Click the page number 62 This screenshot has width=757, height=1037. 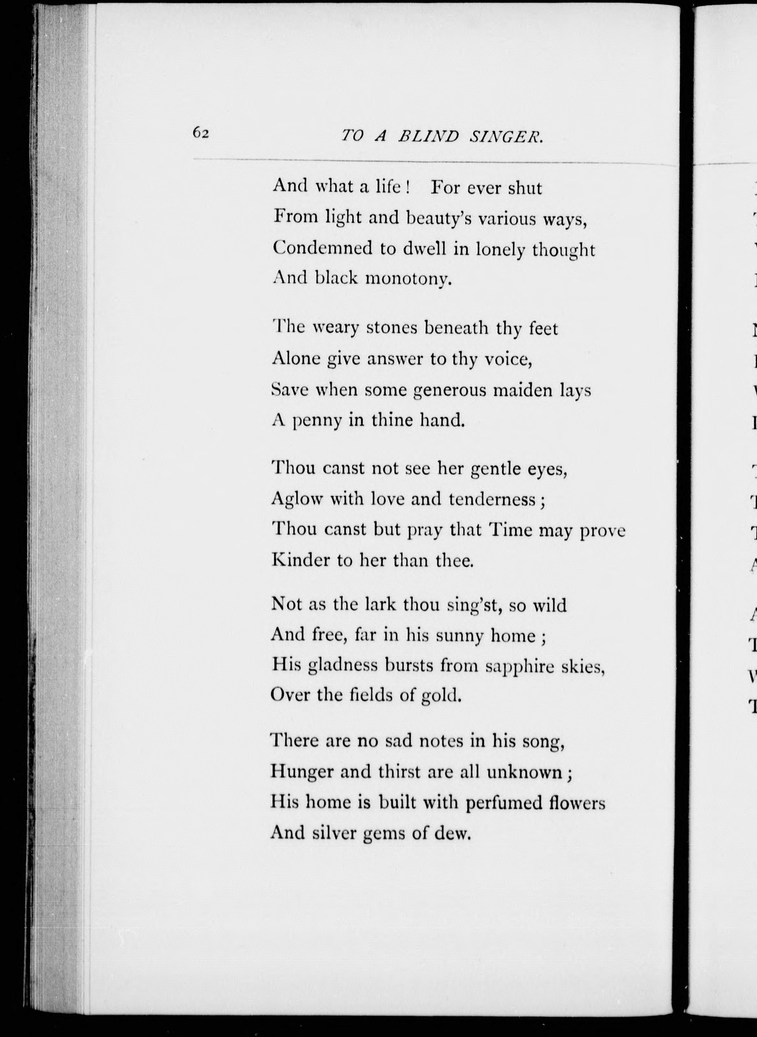[201, 133]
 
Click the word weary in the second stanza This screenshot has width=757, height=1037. [335, 328]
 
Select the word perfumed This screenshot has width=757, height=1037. [503, 803]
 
